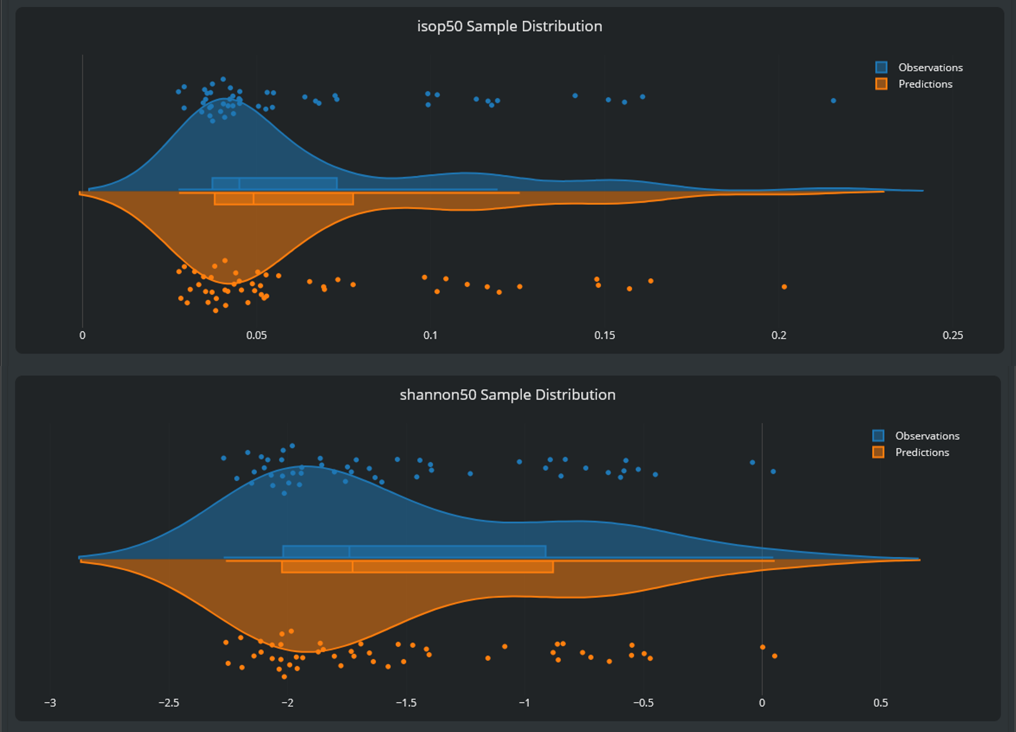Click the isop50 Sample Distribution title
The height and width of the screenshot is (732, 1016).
509,26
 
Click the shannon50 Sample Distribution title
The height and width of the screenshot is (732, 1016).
507,395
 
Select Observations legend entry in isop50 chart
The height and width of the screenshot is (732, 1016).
930,68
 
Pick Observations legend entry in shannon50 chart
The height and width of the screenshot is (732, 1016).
927,436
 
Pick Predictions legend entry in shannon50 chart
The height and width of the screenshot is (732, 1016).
922,453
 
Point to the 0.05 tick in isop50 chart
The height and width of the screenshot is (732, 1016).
256,335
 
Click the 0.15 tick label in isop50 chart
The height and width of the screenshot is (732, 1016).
604,335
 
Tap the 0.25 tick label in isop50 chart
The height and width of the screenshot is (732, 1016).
952,335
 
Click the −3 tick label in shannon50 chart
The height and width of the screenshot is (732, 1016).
50,703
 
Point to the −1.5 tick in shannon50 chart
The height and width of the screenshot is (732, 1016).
406,703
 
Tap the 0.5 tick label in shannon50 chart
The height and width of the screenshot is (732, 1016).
880,703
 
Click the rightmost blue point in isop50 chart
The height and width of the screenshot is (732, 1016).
833,101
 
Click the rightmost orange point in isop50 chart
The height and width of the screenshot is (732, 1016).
784,287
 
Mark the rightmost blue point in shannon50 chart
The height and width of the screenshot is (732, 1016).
773,471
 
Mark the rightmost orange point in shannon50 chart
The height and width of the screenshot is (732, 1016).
775,656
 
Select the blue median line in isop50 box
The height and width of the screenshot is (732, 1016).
239,184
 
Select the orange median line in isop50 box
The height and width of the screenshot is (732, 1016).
254,199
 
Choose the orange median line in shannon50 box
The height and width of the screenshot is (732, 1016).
353,566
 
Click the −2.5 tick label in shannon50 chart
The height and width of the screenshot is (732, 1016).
169,703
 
